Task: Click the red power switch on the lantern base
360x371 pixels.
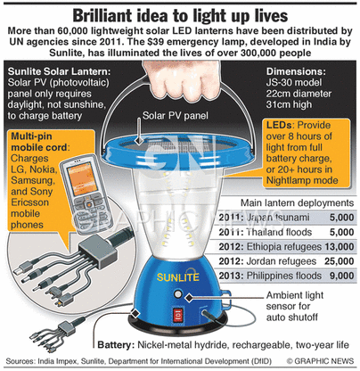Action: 178,315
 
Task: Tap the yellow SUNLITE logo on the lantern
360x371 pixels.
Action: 178,277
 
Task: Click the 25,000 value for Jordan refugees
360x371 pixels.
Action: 340,261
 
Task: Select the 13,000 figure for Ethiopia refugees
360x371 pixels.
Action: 340,247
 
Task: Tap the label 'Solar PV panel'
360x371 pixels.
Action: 176,116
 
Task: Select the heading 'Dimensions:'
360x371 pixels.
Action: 296,71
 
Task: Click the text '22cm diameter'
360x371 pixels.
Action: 299,94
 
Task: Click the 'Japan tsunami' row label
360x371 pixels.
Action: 278,218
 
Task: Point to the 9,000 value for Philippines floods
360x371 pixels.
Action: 342,276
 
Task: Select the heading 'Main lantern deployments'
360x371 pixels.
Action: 297,203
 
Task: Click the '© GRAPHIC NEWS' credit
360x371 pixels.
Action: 320,361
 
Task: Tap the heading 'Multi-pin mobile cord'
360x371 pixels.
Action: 40,142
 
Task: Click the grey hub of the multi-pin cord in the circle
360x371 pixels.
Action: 97,250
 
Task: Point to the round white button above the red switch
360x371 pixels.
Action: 177,294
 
